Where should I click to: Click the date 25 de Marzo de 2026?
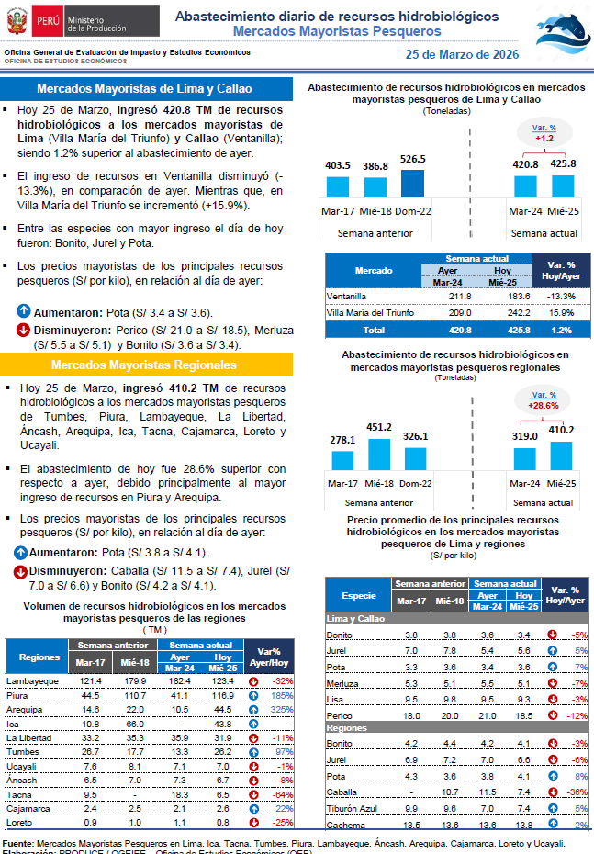(462, 55)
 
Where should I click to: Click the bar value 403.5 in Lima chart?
(338, 165)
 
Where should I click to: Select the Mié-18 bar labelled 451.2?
(378, 454)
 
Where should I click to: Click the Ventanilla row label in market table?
(348, 297)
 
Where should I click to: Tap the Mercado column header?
(374, 272)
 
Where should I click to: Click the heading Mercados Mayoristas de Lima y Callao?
(143, 89)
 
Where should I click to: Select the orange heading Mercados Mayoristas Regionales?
(143, 365)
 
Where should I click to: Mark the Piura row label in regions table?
(18, 696)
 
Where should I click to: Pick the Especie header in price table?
(358, 595)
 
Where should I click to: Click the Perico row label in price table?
(339, 714)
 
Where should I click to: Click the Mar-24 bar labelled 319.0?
(525, 457)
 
